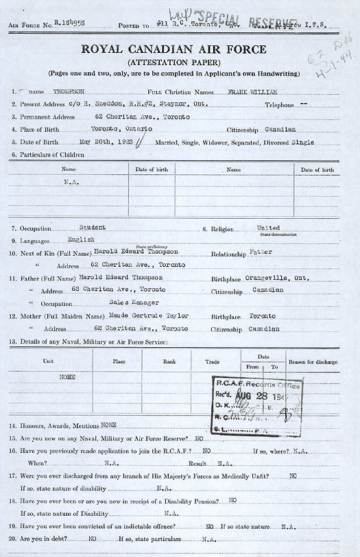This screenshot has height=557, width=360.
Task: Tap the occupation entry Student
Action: click(x=93, y=226)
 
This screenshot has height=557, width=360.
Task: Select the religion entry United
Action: click(x=268, y=227)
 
